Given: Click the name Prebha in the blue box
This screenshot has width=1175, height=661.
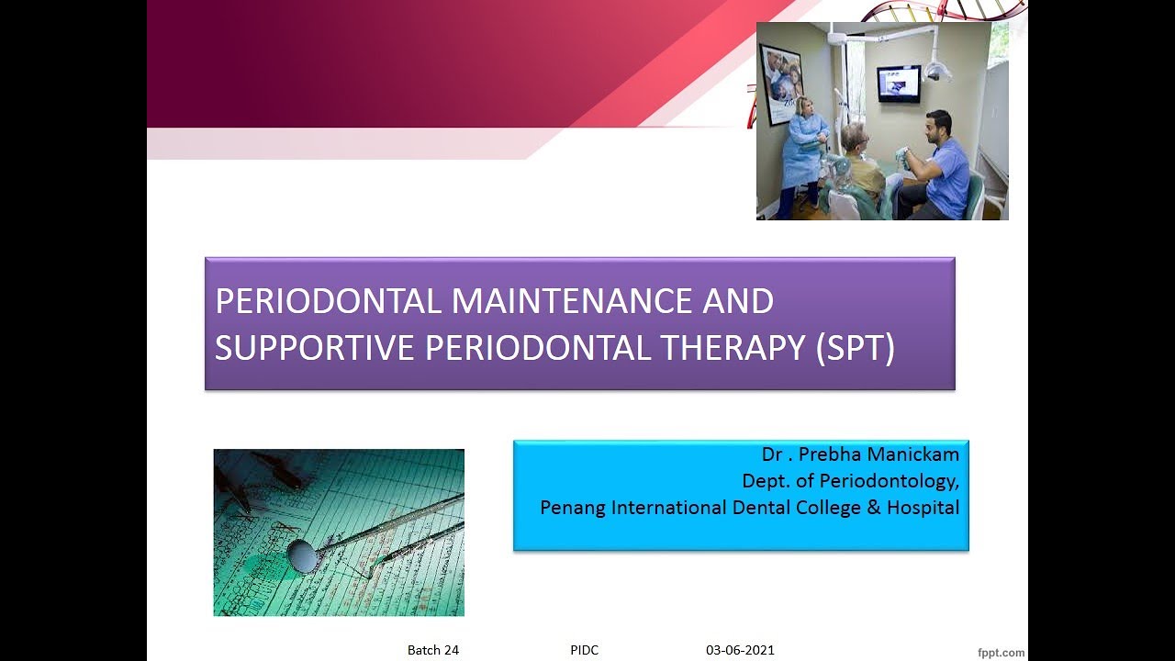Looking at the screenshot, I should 839,454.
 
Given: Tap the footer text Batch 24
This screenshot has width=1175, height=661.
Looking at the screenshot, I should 433,650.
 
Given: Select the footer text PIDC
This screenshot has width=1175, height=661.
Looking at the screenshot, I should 584,650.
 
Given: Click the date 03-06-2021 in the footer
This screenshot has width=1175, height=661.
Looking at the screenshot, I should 740,650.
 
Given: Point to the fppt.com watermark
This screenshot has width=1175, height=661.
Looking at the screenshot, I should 1001,653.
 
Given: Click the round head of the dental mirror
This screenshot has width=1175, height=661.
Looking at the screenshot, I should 301,555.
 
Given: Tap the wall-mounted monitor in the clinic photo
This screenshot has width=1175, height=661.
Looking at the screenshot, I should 898,84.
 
